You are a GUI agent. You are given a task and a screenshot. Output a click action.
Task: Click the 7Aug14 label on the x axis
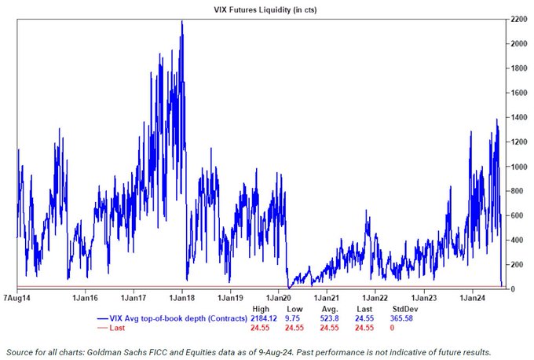click(17, 299)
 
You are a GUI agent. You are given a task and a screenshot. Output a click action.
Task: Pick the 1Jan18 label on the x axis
click(181, 299)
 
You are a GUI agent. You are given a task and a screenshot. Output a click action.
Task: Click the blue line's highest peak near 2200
click(182, 21)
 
